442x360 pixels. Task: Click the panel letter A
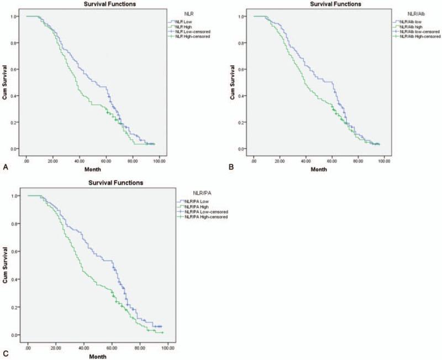coord(5,165)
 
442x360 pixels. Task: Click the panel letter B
coord(231,165)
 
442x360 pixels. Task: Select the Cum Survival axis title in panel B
coord(234,82)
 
